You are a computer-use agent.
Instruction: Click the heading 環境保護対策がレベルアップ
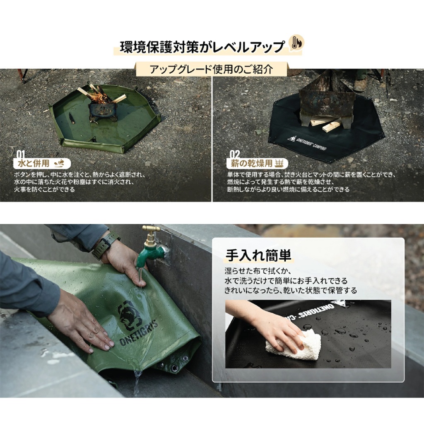(x=202, y=47)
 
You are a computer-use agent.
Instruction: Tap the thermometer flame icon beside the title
(x=296, y=43)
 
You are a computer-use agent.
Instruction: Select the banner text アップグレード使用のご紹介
(x=211, y=70)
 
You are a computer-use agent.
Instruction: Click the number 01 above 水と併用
(x=21, y=155)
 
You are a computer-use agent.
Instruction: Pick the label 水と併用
(x=34, y=163)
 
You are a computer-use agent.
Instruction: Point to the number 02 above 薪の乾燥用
(x=234, y=154)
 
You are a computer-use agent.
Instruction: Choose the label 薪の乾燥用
(x=251, y=163)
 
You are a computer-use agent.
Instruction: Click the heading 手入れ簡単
(x=258, y=255)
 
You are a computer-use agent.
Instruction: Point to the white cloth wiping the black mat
(x=294, y=344)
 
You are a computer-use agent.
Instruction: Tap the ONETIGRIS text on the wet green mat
(x=138, y=333)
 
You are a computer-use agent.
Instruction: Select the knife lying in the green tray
(x=71, y=118)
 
